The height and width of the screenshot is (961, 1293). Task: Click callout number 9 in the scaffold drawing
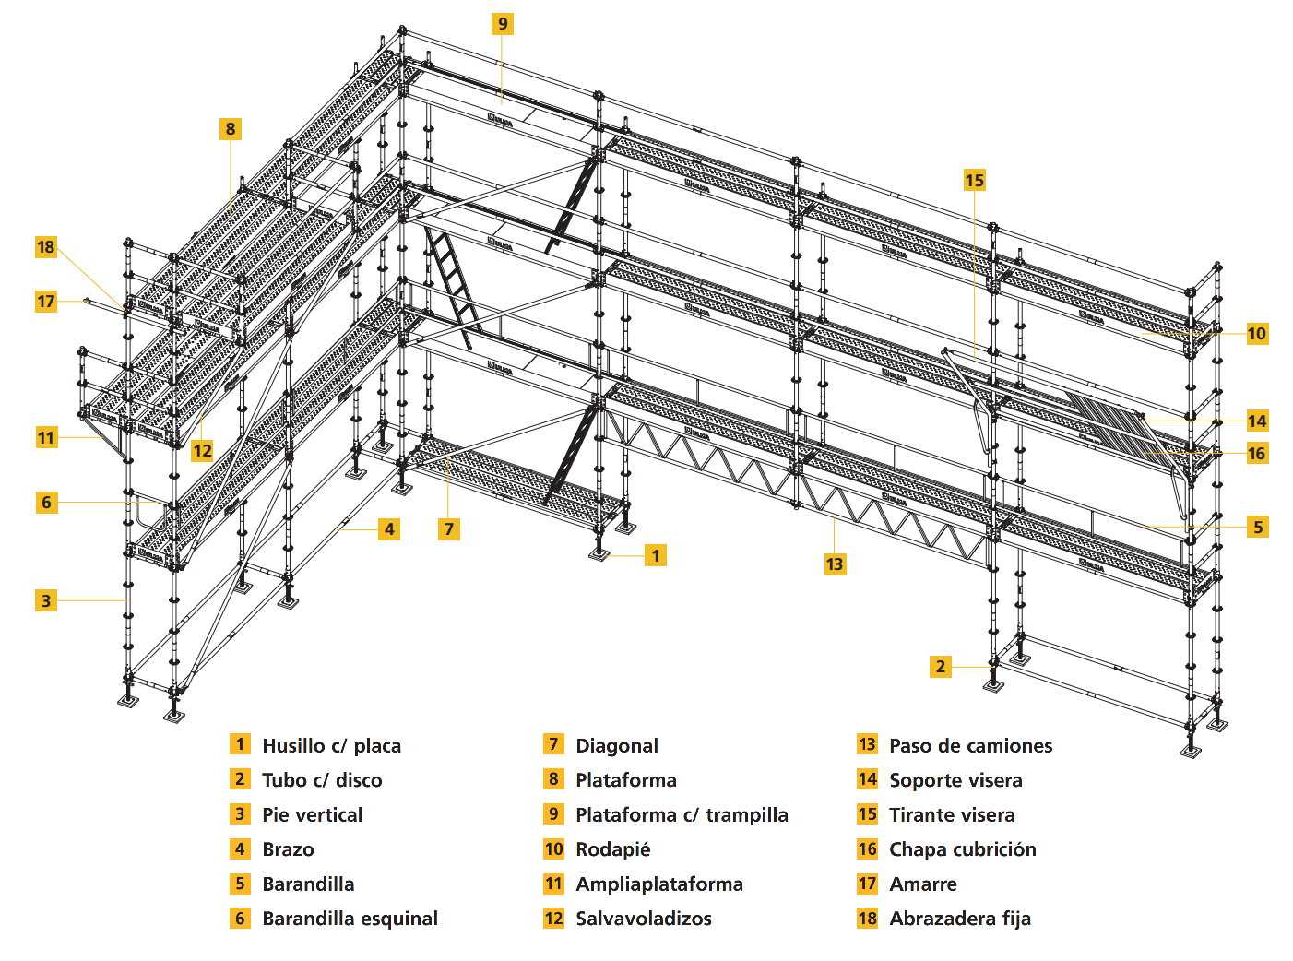click(503, 24)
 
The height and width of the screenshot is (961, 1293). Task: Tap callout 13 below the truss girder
click(835, 564)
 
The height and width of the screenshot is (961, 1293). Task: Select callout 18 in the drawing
click(46, 247)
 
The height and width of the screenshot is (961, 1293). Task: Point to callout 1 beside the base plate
click(656, 555)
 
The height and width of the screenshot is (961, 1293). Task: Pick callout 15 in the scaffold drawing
click(975, 180)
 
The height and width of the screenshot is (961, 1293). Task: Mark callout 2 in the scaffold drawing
click(940, 666)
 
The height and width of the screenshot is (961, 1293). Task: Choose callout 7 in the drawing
click(449, 528)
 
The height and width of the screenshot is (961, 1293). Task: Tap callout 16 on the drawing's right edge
click(1256, 453)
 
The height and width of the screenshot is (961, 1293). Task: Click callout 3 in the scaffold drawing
click(46, 600)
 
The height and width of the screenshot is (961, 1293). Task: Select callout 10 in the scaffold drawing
click(1256, 333)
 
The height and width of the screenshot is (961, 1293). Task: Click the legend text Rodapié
click(612, 849)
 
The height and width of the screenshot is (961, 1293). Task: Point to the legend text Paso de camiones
click(970, 746)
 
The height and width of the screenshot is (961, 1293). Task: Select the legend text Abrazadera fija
click(959, 919)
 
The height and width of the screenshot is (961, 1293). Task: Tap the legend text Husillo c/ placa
click(331, 746)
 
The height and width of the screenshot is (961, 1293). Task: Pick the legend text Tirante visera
click(952, 815)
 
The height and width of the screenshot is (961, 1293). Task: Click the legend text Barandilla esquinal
click(350, 919)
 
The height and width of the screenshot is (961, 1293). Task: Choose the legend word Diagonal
click(616, 746)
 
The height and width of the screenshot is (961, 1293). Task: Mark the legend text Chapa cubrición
click(962, 849)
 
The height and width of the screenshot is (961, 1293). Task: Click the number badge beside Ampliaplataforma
click(553, 884)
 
